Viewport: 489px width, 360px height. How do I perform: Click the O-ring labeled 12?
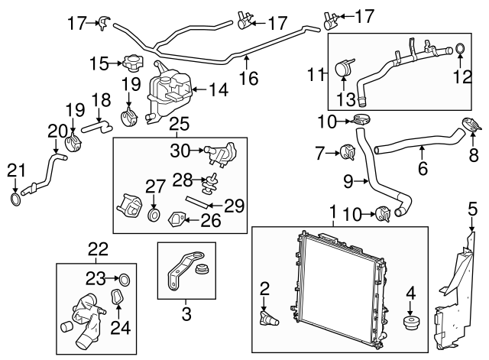(461, 51)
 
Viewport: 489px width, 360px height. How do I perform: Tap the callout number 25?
(178, 122)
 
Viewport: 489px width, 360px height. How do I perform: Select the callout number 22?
(98, 248)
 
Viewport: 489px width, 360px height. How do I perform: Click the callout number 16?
(248, 78)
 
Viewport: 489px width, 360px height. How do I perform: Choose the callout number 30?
(179, 151)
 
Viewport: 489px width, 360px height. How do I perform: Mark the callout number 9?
(348, 182)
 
